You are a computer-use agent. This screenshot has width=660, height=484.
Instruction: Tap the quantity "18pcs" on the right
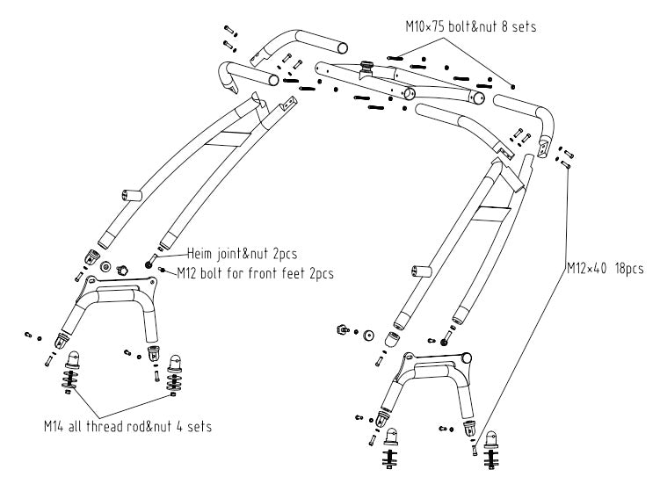tap(629, 269)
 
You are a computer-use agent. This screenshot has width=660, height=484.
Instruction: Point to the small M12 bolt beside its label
tap(163, 269)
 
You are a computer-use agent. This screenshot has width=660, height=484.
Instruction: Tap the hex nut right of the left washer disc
tap(123, 265)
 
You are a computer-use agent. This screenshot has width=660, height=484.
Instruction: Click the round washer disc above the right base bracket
tap(367, 336)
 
